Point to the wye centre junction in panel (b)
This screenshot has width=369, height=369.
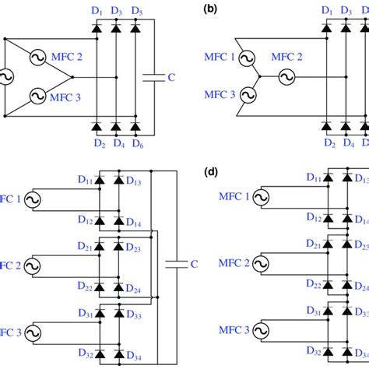point(259,78)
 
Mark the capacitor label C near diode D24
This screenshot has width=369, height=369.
point(192,263)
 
